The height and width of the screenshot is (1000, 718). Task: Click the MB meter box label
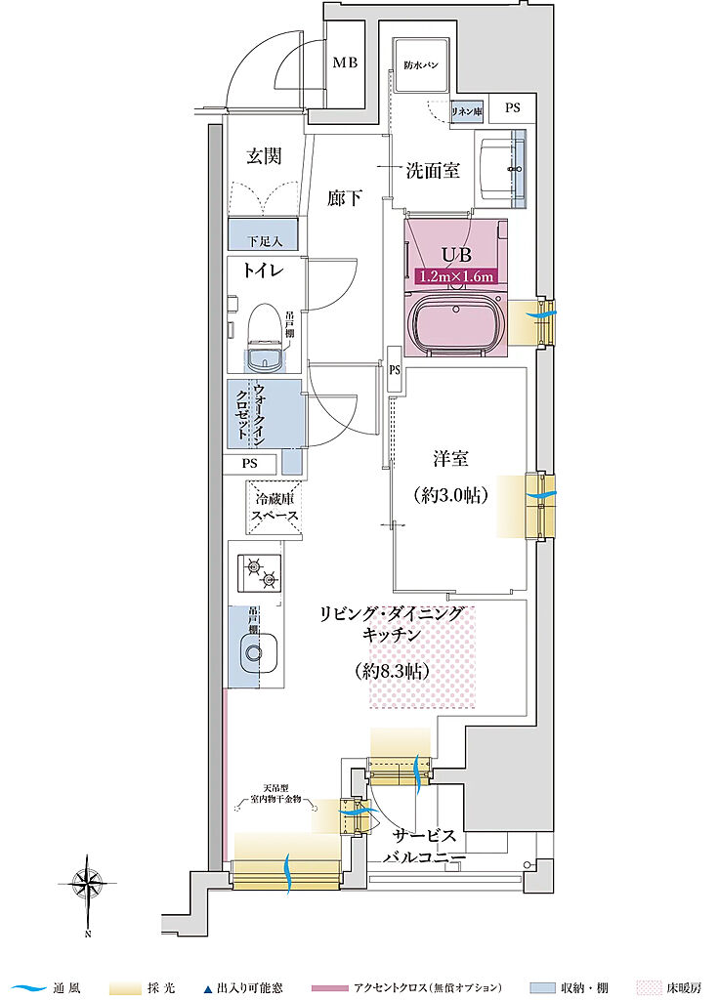(x=344, y=63)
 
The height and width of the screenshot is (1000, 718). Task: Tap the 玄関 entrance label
(x=264, y=156)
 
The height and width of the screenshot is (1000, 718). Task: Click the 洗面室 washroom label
(x=433, y=171)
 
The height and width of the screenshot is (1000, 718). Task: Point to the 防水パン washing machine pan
(x=421, y=66)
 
